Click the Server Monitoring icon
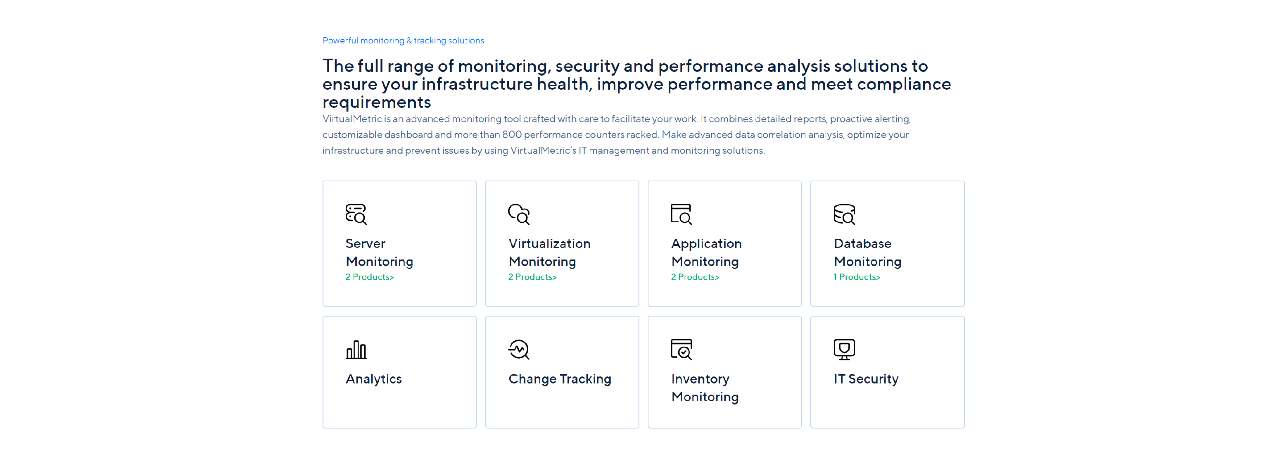coord(356,214)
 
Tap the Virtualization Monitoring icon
coord(519,214)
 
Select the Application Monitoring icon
coord(681,214)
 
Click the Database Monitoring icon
coord(844,214)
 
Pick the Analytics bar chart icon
coord(356,350)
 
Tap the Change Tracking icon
coord(519,350)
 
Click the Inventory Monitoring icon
coord(681,350)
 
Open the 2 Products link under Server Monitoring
coord(369,277)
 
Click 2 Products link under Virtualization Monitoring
coord(532,277)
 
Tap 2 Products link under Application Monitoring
coord(694,277)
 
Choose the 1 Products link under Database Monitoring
coord(856,277)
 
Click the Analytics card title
coord(374,379)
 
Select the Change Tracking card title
coord(560,379)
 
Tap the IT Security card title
coord(866,379)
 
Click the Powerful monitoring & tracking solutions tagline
coord(403,40)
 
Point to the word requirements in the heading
coord(377,102)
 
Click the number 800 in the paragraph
coord(512,134)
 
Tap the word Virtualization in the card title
coord(550,243)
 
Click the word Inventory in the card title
coord(700,379)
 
